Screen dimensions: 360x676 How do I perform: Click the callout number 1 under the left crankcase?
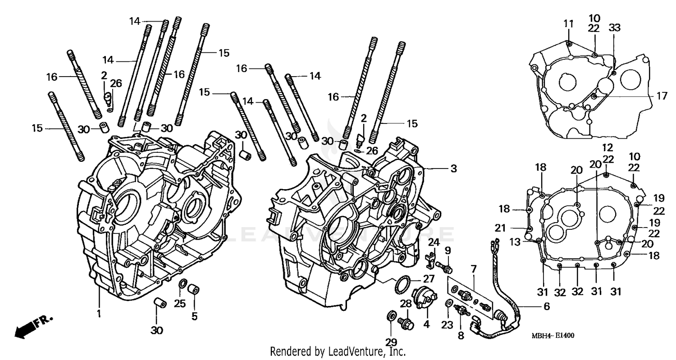click(x=99, y=313)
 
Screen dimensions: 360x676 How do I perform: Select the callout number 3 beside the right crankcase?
click(x=453, y=169)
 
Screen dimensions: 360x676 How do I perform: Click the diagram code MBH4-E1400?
click(x=552, y=336)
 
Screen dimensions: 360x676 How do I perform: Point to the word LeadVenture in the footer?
click(x=354, y=351)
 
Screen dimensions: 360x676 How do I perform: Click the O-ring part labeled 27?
click(x=402, y=286)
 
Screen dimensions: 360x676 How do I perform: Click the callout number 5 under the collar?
click(x=194, y=316)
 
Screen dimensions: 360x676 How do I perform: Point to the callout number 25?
click(x=180, y=304)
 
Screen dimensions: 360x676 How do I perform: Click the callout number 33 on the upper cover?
click(x=615, y=28)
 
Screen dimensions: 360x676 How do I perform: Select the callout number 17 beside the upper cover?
click(x=661, y=96)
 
